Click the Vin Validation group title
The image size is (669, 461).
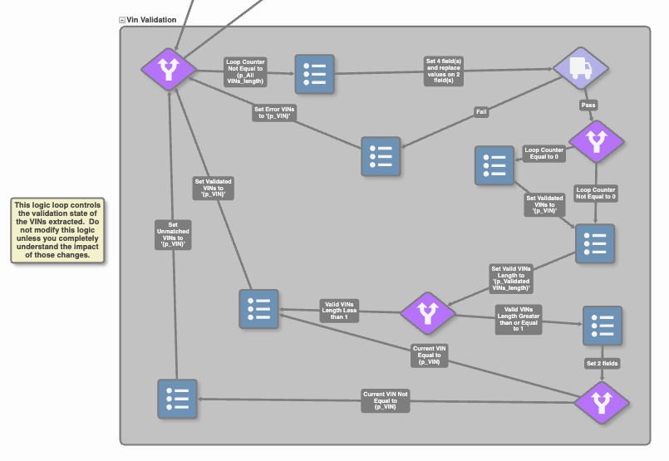click(151, 19)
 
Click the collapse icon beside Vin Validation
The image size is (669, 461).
click(122, 19)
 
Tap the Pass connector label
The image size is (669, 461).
click(588, 105)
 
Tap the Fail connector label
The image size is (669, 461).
click(481, 111)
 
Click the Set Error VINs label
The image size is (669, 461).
click(274, 113)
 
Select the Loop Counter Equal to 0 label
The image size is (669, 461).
click(544, 154)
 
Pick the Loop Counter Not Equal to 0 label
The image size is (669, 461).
click(595, 194)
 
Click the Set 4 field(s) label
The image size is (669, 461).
click(454, 70)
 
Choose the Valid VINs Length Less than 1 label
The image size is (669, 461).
click(338, 311)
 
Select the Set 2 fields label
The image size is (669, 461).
click(602, 363)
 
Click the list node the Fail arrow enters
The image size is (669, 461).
click(381, 156)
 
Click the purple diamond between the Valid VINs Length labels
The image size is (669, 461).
click(428, 313)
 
